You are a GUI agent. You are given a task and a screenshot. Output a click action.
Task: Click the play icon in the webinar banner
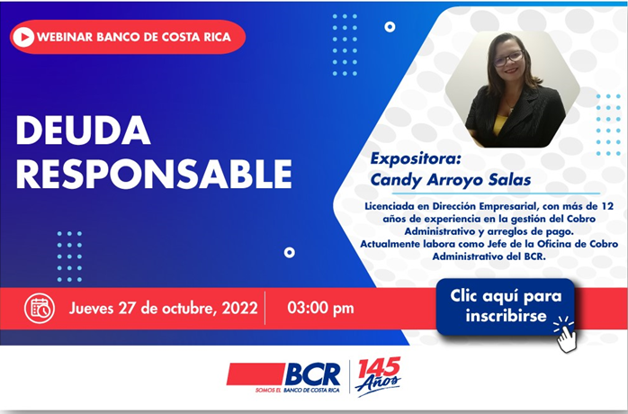[x=23, y=37]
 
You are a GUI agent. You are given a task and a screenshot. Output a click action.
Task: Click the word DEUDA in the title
[x=84, y=130]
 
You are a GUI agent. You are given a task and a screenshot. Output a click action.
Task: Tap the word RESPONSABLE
[x=154, y=174]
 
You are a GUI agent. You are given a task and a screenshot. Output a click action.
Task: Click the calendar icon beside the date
[x=40, y=308]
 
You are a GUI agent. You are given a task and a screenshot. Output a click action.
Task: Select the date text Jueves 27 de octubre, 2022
[x=164, y=308]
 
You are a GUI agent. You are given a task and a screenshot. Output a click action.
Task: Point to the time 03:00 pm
[x=320, y=308]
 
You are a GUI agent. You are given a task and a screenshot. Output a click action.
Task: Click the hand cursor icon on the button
[x=566, y=334]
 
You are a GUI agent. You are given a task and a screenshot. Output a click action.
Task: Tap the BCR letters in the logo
[x=312, y=374]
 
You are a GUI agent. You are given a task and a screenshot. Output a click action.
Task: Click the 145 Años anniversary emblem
[x=378, y=375]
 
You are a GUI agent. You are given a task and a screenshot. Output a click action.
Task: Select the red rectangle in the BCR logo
[x=256, y=374]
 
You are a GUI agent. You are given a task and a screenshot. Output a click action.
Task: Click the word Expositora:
[x=416, y=158]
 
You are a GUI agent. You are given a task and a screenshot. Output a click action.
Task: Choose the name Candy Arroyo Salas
[x=451, y=179]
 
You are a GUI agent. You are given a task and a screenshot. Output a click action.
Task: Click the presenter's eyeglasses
[x=507, y=58]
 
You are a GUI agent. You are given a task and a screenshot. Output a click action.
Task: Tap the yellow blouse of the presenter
[x=499, y=125]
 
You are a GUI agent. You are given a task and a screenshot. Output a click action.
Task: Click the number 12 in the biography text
[x=607, y=206]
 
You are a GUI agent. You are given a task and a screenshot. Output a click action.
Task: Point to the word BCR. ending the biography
[x=534, y=256]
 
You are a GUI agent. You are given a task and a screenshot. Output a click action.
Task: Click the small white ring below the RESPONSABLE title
[x=289, y=253]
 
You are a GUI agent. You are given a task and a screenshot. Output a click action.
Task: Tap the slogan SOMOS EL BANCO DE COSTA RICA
[x=297, y=391]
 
